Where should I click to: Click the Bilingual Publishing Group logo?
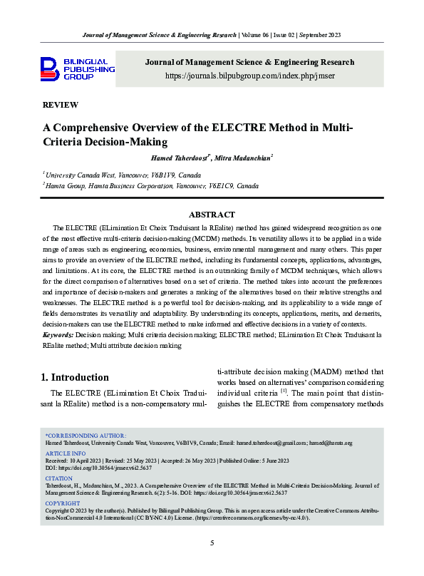click(x=77, y=69)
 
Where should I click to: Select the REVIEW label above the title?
click(x=61, y=105)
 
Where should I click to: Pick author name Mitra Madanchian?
click(x=243, y=158)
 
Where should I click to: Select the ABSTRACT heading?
click(x=212, y=215)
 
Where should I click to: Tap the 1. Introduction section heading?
click(x=75, y=377)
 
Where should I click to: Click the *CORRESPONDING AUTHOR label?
click(x=86, y=435)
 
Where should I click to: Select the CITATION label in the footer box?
click(x=59, y=478)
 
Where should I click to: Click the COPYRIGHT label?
click(x=63, y=503)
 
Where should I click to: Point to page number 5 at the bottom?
click(x=212, y=543)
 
